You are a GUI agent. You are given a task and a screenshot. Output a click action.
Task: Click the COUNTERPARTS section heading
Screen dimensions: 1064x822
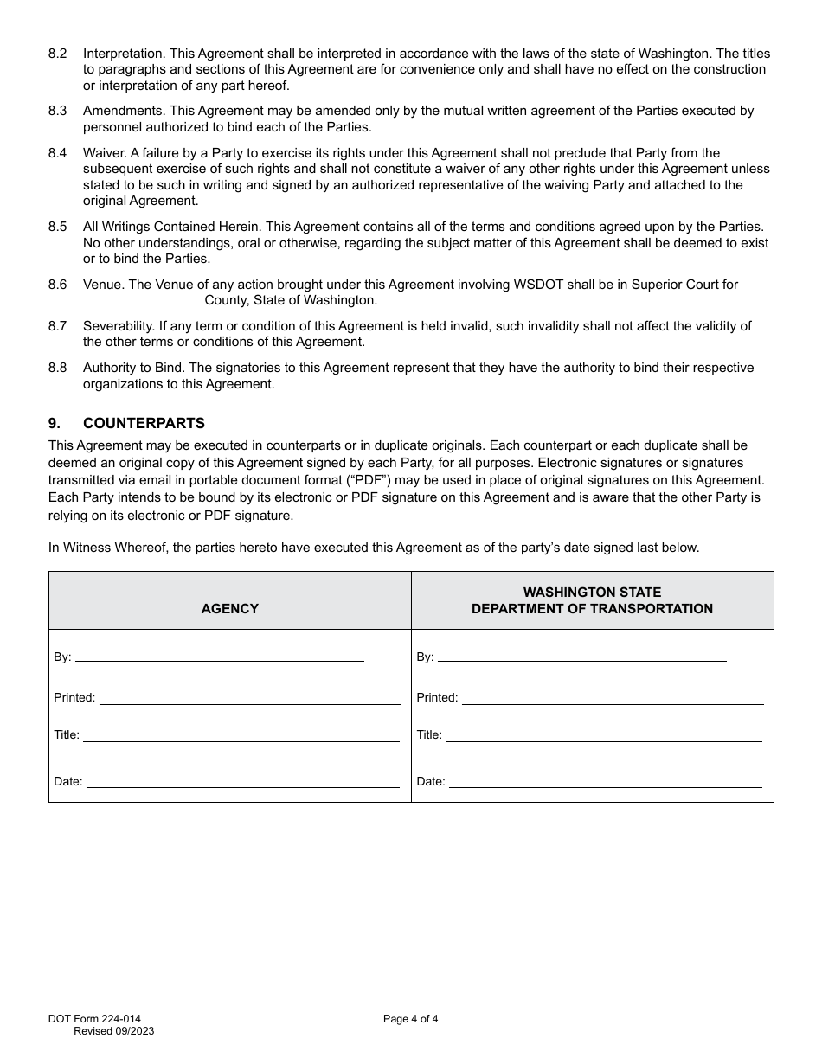[x=144, y=423]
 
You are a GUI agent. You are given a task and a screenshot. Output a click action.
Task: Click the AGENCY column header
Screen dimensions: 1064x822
[x=229, y=608]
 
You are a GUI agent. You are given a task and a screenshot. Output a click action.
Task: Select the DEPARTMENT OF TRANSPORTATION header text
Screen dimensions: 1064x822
[x=592, y=608]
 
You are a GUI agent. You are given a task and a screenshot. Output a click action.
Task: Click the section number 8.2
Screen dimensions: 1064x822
[x=58, y=54]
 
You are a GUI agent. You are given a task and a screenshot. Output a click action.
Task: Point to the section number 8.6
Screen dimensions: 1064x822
[x=58, y=285]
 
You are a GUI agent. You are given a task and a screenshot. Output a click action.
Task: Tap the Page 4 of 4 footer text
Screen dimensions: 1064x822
[x=410, y=1019]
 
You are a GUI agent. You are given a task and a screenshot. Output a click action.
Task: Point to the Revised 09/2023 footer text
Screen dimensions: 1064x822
[x=114, y=1031]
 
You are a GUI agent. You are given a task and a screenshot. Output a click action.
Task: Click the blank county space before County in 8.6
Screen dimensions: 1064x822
[x=143, y=301]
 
